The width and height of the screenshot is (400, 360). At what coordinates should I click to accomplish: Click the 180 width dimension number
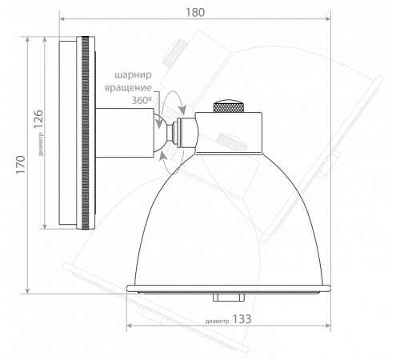tap(195, 12)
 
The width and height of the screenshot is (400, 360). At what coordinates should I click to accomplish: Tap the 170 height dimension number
tap(21, 165)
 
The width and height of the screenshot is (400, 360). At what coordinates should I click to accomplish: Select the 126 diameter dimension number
tap(38, 119)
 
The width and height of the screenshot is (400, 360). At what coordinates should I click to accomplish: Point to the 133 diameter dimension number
tap(242, 319)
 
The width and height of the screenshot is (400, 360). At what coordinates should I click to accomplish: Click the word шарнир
tap(133, 75)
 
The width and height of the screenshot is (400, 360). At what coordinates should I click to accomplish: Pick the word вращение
tap(128, 88)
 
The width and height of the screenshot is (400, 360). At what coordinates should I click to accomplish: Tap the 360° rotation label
tap(142, 100)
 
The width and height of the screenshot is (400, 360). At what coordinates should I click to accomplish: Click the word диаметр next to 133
tap(217, 321)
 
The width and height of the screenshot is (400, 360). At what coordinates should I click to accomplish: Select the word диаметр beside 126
tap(41, 144)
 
